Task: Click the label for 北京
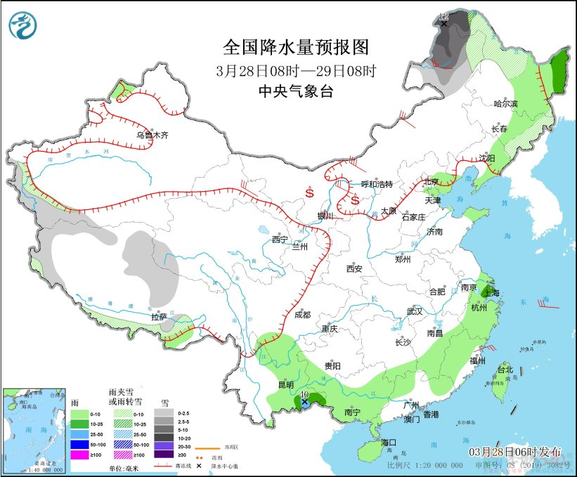(431, 182)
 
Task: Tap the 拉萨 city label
(159, 317)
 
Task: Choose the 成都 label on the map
(303, 315)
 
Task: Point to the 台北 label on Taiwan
(505, 370)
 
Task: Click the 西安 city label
(354, 268)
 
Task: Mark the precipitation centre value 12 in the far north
(443, 15)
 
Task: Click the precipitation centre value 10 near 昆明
(304, 396)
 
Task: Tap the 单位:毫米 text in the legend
(124, 468)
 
